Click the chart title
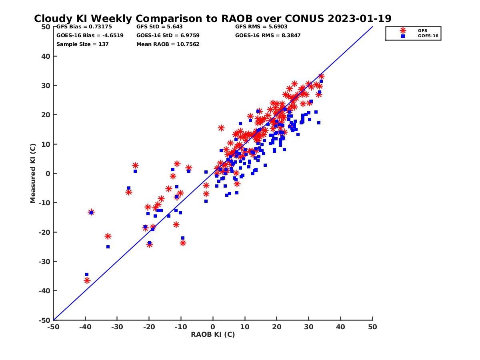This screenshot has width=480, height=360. tap(212, 18)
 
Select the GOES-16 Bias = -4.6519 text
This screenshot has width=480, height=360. tap(90, 35)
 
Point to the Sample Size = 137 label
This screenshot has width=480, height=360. tap(82, 44)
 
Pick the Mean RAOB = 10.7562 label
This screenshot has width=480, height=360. tap(168, 44)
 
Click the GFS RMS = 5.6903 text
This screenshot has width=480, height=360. tap(261, 27)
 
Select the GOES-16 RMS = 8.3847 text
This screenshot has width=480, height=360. tap(268, 35)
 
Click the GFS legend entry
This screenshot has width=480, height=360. tap(422, 30)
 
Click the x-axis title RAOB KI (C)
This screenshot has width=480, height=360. tap(213, 334)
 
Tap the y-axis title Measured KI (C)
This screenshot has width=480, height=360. tap(33, 173)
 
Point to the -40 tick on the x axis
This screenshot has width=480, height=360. tap(85, 327)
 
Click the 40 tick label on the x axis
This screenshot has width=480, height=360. tap(341, 327)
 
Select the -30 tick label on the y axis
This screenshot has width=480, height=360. tap(44, 262)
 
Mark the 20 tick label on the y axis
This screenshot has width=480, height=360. tap(46, 115)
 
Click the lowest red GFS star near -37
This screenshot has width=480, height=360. tap(87, 280)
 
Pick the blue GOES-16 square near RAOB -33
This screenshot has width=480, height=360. tap(108, 247)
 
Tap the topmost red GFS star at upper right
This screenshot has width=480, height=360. tap(321, 76)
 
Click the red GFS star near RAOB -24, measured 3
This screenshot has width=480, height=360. tap(135, 165)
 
